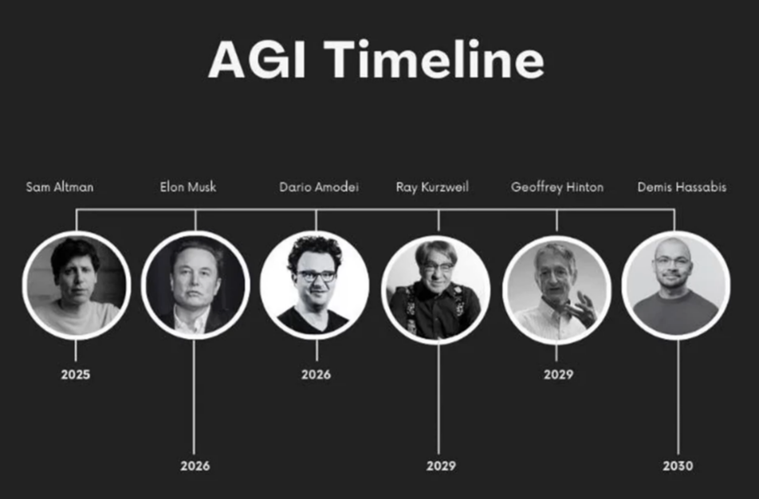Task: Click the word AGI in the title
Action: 257,60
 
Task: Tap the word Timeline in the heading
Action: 435,59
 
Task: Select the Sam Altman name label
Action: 60,187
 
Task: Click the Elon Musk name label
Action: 188,187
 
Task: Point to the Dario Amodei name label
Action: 319,187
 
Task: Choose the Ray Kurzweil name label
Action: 432,187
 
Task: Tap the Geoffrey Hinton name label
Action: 557,187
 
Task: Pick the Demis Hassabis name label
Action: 682,187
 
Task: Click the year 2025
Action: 76,374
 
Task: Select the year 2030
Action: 678,466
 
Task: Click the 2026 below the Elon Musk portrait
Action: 195,466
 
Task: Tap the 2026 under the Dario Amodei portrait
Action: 316,374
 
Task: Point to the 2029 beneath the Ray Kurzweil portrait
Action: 441,466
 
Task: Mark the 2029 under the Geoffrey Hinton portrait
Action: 558,374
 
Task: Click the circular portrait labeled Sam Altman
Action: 76,285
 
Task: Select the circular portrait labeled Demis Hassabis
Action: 676,285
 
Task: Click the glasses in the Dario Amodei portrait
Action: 316,276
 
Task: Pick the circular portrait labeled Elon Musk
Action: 195,285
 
